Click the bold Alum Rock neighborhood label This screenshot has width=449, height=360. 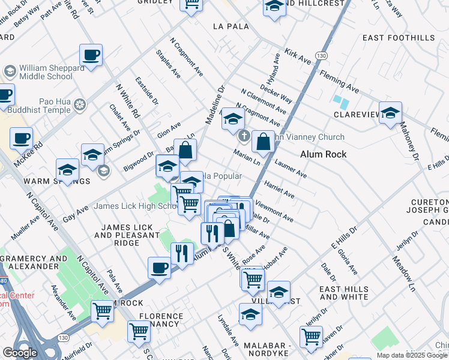[323, 154]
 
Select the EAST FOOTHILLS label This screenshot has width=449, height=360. [399, 38]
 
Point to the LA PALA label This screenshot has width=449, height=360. [231, 27]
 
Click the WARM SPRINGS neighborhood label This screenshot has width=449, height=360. [28, 181]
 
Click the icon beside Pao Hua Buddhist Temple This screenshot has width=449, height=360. [80, 106]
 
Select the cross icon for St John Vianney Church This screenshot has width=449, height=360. [244, 136]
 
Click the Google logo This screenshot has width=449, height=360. [20, 352]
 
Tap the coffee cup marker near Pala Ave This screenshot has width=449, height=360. [160, 268]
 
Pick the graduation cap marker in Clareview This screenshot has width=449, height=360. [390, 113]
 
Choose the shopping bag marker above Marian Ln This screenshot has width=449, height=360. [263, 142]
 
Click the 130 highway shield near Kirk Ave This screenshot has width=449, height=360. [322, 55]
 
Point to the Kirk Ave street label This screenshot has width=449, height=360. [298, 57]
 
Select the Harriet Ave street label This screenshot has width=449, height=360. [279, 190]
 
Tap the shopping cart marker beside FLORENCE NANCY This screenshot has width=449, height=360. [139, 331]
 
